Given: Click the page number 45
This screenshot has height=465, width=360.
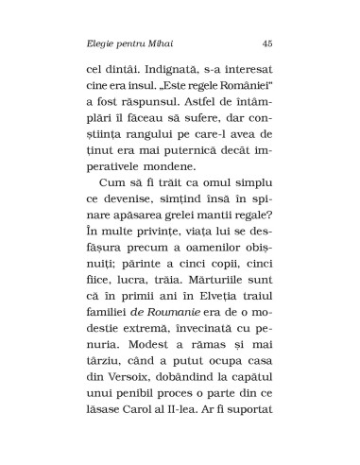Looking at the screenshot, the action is [x=267, y=42].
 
